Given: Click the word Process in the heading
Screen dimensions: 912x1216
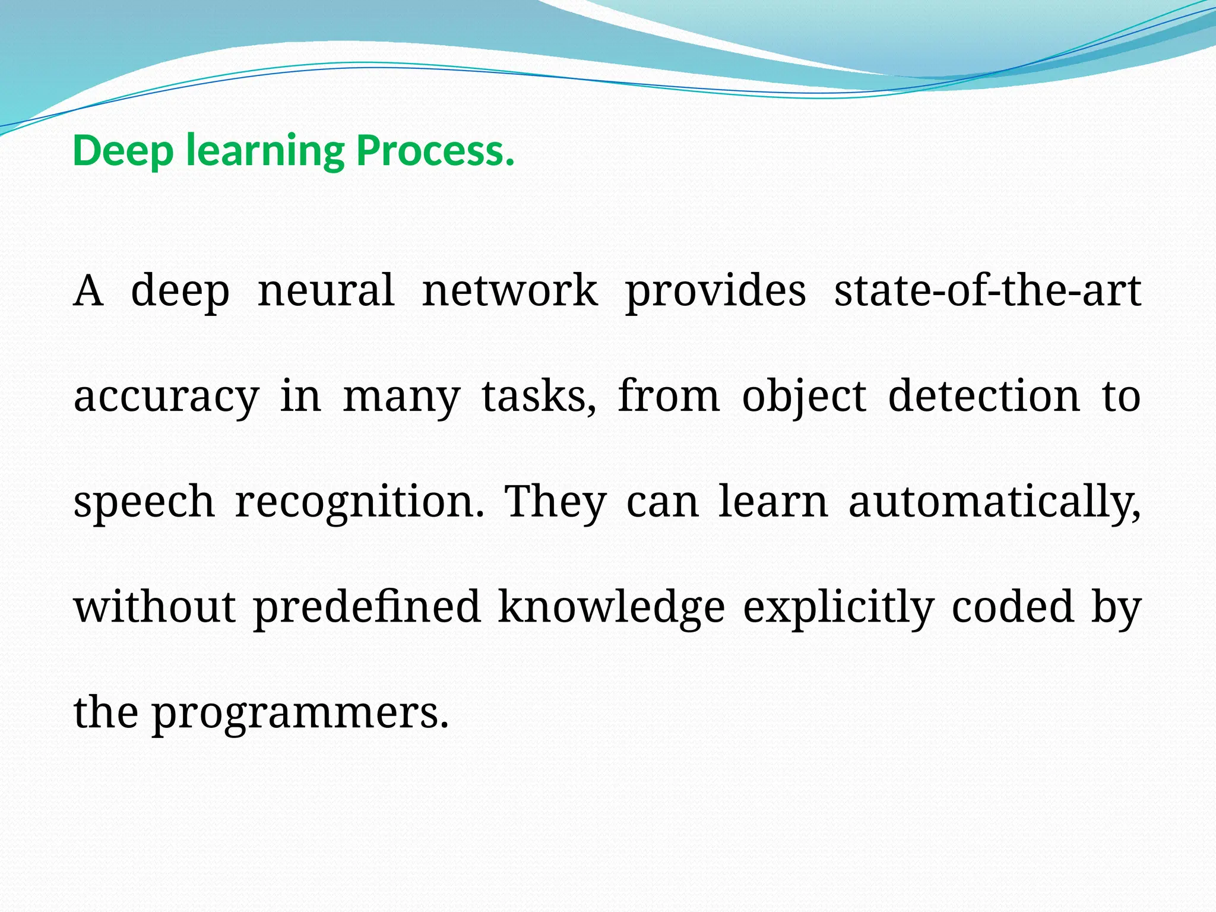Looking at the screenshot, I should coord(435,151).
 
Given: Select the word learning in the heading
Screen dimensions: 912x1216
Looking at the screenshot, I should coord(265,151).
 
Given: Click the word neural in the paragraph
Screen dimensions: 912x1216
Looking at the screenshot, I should coord(326,291).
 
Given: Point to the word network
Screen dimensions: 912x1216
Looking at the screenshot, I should coord(510,291).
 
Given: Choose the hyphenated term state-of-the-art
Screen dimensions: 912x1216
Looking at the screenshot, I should coord(987,291).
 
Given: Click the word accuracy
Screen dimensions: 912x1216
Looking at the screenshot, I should coord(166,397).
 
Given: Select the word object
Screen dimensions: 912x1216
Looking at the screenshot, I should coord(804,397).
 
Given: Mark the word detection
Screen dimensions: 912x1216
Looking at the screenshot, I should coord(984,397).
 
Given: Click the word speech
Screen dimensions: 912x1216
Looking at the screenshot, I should coord(144,502).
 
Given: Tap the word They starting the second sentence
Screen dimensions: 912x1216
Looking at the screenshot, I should coord(555,502).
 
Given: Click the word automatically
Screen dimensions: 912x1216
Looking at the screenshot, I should coord(994,502).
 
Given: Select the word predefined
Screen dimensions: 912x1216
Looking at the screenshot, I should coord(367,607).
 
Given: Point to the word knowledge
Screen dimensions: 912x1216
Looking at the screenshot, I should coord(612,607).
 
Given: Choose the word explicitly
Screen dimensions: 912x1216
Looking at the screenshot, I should coord(838,607).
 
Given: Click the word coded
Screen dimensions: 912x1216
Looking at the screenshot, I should coord(1013,607).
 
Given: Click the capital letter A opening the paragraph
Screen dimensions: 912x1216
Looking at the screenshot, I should coord(88,291).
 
